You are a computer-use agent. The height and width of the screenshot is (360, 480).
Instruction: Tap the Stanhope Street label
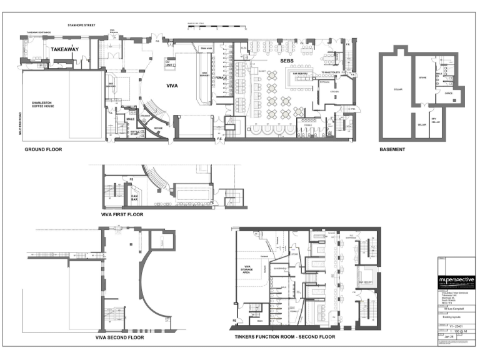81,26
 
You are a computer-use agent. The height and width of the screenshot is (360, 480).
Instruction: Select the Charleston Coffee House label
49,104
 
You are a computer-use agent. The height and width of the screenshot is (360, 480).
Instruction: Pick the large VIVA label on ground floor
173,86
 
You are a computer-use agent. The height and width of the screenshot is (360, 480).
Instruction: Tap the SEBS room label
287,60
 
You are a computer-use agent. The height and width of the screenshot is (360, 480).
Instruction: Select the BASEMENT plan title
392,150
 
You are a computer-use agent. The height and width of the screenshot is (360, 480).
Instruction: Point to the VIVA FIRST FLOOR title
122,214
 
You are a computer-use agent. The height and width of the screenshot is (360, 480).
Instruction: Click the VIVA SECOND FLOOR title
119,337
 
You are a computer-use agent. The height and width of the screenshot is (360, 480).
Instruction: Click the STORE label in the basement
422,78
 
